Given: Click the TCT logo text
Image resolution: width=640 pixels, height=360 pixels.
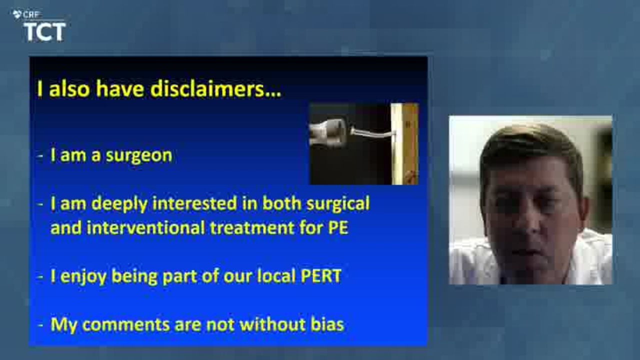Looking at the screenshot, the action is pyautogui.click(x=45, y=31).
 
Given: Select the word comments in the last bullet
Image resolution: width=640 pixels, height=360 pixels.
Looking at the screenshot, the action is pyautogui.click(x=125, y=325).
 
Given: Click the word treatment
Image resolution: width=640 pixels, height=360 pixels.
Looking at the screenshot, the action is pyautogui.click(x=252, y=227).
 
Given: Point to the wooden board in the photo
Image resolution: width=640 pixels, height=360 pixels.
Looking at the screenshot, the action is pyautogui.click(x=405, y=144).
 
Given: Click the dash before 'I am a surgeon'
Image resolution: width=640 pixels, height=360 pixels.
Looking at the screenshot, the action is pyautogui.click(x=40, y=156).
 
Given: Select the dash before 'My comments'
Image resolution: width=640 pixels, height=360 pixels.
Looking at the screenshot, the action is pyautogui.click(x=40, y=325).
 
